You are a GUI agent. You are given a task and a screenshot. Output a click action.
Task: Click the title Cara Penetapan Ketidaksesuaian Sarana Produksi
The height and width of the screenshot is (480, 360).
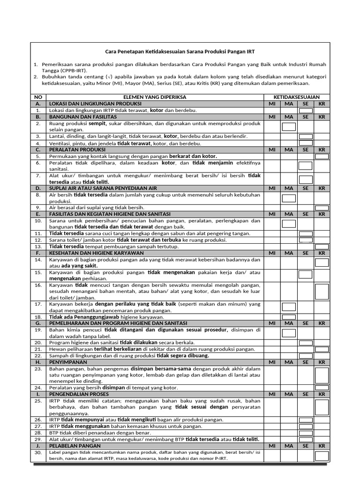click(180, 52)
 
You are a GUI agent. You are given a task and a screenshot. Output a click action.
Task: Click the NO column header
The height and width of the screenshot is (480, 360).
click(38, 97)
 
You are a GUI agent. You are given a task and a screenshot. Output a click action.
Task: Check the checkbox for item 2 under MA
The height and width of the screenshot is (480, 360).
click(289, 127)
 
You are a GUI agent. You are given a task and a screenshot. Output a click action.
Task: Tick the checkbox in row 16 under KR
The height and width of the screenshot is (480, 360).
click(322, 291)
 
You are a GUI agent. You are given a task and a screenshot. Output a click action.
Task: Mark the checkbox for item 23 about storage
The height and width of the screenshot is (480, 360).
click(322, 375)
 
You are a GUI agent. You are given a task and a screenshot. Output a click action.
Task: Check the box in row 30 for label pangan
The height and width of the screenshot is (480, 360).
click(322, 455)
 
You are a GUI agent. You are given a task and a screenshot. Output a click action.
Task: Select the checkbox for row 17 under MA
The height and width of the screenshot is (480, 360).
click(289, 307)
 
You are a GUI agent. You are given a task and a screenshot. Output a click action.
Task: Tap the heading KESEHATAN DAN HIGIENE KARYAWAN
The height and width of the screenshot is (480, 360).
click(90, 253)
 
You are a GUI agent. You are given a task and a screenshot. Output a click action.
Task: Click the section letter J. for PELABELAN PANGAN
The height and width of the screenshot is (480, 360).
click(38, 446)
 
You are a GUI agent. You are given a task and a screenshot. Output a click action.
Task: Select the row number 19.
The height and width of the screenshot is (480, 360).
click(38, 330)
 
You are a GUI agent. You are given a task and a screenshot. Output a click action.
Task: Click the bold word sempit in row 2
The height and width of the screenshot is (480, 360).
click(97, 123)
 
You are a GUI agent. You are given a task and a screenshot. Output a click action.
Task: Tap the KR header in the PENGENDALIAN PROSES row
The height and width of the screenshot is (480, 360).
click(322, 394)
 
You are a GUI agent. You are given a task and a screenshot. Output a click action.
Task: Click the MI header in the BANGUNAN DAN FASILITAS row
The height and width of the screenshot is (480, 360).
click(272, 117)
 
